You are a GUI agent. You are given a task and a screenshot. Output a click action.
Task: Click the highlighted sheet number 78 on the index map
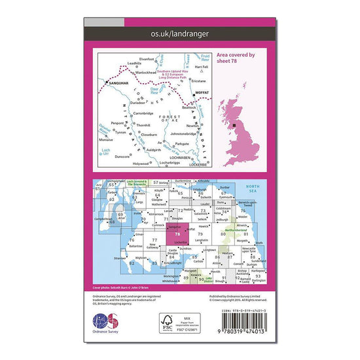click(177, 234)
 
